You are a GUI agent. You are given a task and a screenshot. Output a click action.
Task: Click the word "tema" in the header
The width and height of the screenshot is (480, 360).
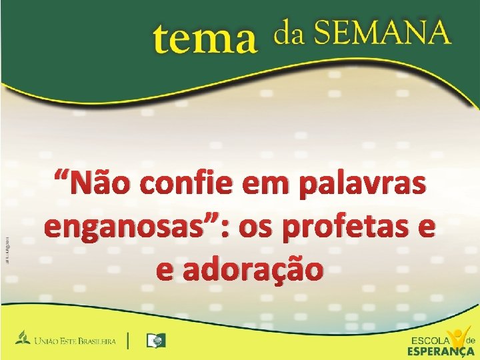205,39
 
